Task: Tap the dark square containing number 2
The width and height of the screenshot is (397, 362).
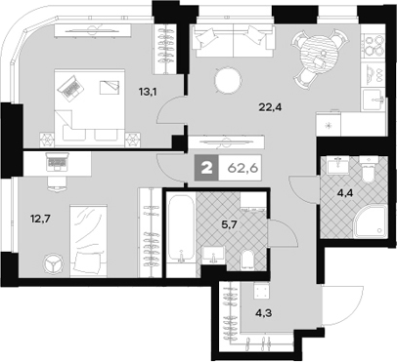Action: (x=207, y=167)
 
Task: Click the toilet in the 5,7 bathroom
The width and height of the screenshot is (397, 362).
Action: (x=249, y=255)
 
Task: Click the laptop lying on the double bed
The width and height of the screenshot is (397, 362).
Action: (x=71, y=89)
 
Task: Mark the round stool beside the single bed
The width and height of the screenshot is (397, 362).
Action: (x=52, y=261)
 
